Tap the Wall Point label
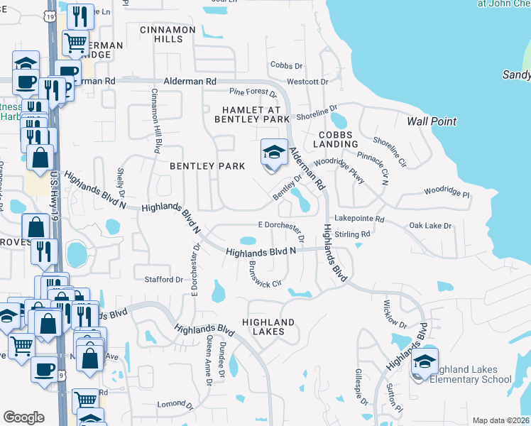pyautogui.click(x=432, y=121)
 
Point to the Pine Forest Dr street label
pyautogui.click(x=253, y=92)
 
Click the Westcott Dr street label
pyautogui.click(x=307, y=82)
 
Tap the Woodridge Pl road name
pyautogui.click(x=447, y=192)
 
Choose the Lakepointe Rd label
pyautogui.click(x=359, y=219)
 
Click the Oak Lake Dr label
pyautogui.click(x=430, y=226)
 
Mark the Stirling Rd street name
pyautogui.click(x=353, y=234)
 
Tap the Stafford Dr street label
pyautogui.click(x=164, y=280)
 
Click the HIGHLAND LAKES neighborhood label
pyautogui.click(x=268, y=327)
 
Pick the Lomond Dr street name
pyautogui.click(x=171, y=403)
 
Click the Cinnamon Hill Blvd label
pyautogui.click(x=155, y=121)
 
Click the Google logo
pyautogui.click(x=24, y=417)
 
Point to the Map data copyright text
pyautogui.click(x=500, y=420)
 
